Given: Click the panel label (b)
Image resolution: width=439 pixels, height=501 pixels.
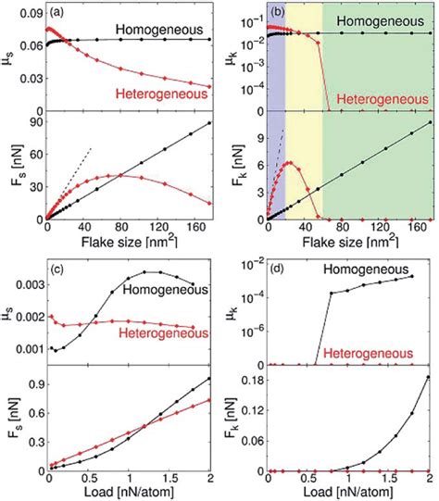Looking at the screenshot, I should coord(277,14).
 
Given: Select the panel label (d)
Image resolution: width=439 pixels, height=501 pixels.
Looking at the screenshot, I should coord(279,269).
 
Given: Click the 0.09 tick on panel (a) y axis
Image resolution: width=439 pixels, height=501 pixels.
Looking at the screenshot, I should coord(27,14).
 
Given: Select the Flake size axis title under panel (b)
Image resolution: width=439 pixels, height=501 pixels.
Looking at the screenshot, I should coord(340,243).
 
